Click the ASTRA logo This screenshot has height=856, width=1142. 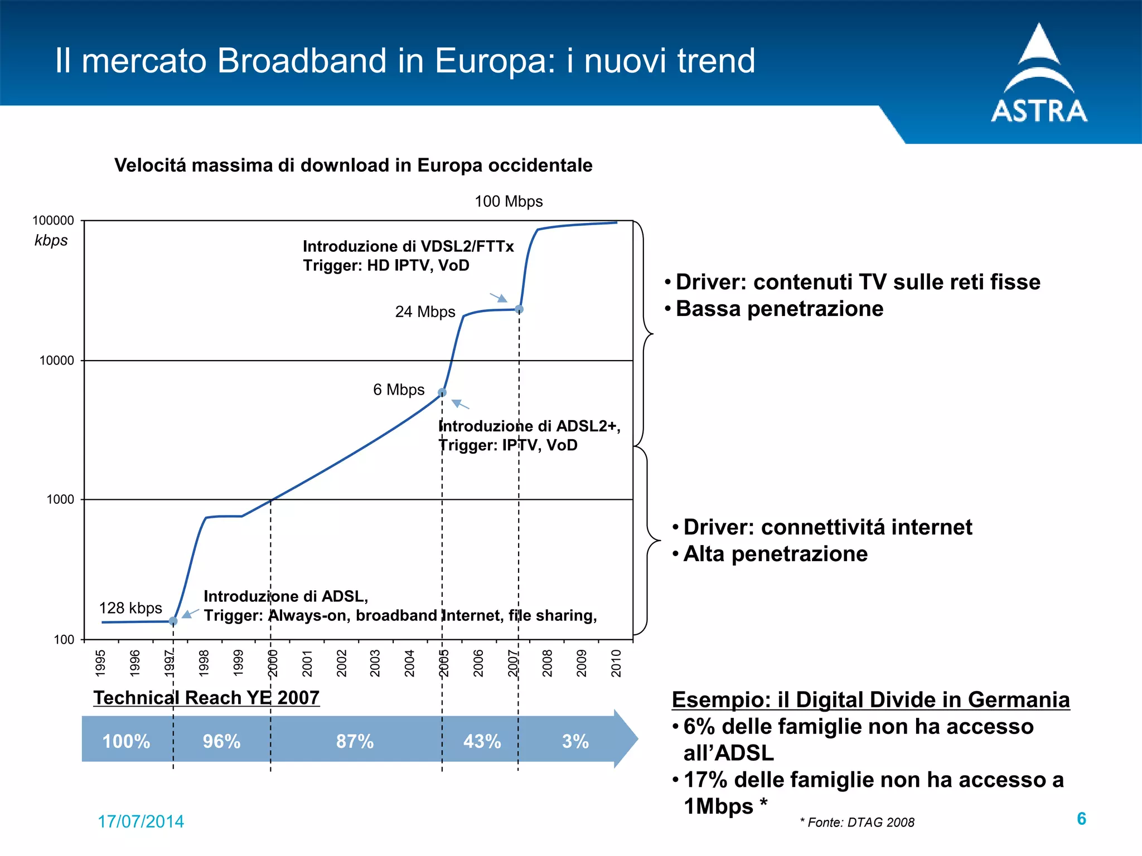point(1039,75)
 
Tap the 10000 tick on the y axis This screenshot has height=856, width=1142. point(56,361)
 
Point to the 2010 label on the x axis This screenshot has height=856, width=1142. point(616,663)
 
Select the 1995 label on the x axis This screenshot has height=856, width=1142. point(101,663)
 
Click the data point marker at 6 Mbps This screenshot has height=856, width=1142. point(442,393)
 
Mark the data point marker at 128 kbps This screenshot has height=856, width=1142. point(173,621)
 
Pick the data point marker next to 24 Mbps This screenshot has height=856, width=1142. point(519,309)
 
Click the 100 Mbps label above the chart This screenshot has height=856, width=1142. point(509,201)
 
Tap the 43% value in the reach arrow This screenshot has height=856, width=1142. point(482,741)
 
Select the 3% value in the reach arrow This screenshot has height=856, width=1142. point(575,741)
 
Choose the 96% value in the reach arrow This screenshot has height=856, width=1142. point(221,741)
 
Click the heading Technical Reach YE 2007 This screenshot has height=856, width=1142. point(206,698)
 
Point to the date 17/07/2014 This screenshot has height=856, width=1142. point(141,821)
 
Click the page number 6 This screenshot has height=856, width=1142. point(1081,819)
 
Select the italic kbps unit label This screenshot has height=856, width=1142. point(51,240)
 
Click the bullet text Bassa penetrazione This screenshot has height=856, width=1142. point(780,309)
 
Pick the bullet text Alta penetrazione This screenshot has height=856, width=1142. point(775,554)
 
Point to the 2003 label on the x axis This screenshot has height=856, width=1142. point(375,663)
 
